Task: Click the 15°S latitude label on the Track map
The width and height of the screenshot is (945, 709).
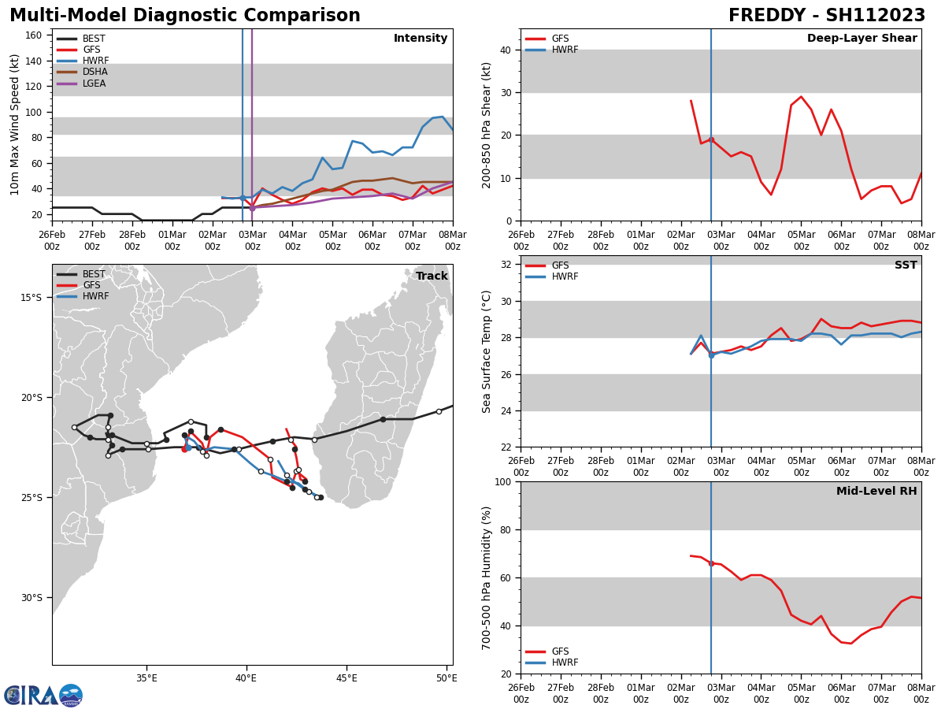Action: [x=31, y=297]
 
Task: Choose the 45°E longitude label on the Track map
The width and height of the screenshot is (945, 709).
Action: [x=346, y=677]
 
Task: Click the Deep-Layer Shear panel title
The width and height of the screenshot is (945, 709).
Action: [x=862, y=39]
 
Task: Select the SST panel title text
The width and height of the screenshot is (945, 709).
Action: [x=906, y=265]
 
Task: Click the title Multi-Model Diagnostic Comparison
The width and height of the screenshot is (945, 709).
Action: [x=185, y=16]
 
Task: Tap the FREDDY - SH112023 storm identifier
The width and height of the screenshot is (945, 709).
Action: [x=826, y=16]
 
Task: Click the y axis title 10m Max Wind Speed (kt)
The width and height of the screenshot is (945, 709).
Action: [x=15, y=124]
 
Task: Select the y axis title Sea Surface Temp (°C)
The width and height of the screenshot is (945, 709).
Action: [x=487, y=351]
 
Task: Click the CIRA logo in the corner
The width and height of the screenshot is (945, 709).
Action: [x=43, y=695]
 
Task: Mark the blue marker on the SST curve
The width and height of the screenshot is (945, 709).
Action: [x=711, y=355]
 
